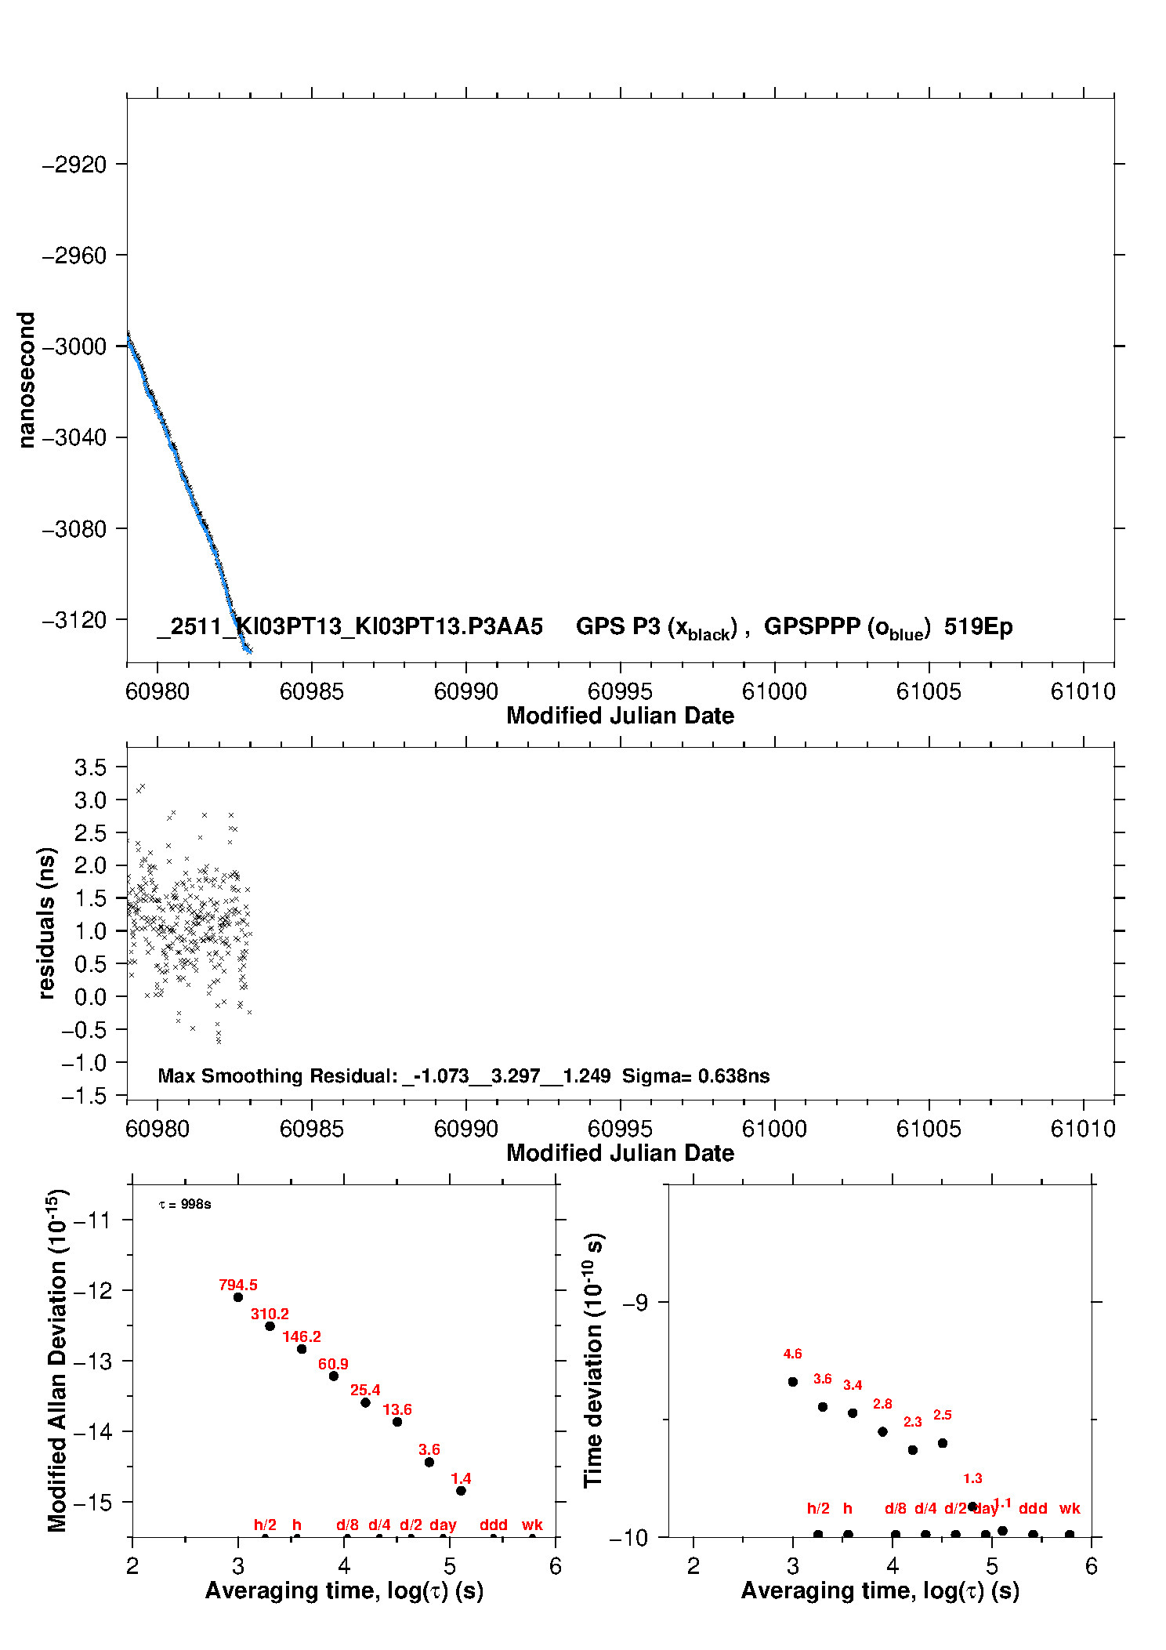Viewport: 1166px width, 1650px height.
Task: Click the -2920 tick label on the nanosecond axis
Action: [74, 165]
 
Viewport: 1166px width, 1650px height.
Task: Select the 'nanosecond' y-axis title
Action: [27, 380]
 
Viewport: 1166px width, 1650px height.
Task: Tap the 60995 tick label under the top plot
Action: [620, 691]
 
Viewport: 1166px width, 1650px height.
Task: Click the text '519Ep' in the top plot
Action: [978, 627]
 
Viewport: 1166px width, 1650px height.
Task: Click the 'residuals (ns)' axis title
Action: [47, 923]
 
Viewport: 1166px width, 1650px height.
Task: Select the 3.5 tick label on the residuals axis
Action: [90, 767]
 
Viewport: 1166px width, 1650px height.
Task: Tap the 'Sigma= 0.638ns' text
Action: [696, 1076]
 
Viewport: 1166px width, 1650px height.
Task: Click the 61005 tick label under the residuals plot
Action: [929, 1129]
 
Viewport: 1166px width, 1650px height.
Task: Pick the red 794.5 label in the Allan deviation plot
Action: [238, 1285]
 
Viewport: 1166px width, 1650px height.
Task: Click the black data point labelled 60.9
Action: [334, 1376]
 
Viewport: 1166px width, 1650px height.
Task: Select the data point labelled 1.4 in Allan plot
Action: [461, 1490]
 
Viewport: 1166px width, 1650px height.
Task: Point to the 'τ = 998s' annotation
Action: [185, 1204]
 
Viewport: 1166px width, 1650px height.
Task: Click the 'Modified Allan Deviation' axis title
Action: [57, 1360]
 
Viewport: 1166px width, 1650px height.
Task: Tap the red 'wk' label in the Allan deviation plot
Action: [532, 1525]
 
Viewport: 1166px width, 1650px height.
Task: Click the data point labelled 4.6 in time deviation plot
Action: [793, 1381]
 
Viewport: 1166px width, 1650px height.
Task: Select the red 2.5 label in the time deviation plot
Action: [942, 1415]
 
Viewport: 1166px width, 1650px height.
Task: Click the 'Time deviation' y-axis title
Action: [593, 1360]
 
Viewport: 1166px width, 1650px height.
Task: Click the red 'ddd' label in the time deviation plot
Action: [1033, 1508]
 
